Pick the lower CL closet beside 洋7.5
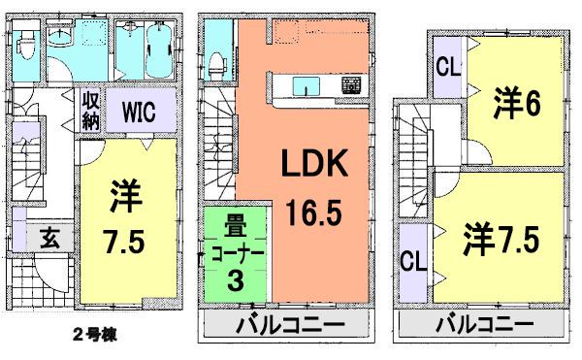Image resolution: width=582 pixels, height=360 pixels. [413, 261]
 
